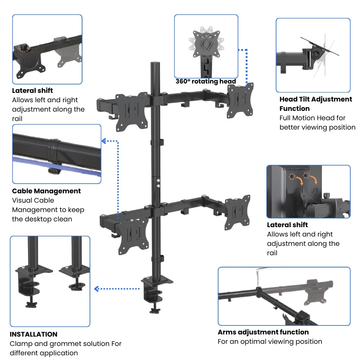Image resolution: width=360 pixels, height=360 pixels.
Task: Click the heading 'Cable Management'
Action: [46, 191]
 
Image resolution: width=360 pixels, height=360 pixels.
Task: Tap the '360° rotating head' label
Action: [206, 81]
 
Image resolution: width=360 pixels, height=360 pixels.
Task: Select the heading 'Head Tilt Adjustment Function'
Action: [316, 104]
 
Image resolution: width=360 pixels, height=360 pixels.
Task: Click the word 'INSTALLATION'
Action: [33, 334]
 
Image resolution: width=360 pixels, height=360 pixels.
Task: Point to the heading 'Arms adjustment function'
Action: [263, 332]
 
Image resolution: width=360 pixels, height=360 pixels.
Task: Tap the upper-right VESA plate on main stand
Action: [240, 100]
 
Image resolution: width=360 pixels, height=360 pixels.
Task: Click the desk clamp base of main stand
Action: [157, 288]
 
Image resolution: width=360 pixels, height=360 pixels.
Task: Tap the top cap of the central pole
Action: [155, 64]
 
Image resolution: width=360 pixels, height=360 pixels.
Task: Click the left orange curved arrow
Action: [298, 179]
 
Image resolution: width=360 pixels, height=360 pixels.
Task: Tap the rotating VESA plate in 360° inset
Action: [206, 44]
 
